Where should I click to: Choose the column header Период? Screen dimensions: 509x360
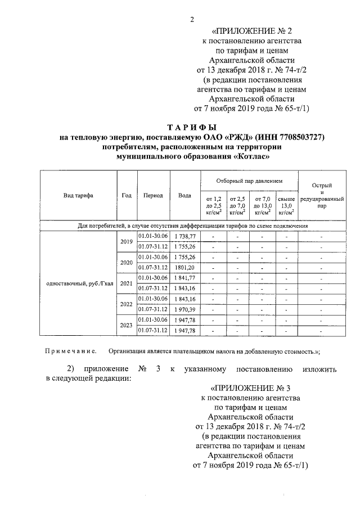coord(153,196)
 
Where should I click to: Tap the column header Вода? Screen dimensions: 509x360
coord(184,196)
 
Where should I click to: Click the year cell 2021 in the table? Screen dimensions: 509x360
coord(125,283)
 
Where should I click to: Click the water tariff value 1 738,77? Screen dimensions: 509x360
coord(184,236)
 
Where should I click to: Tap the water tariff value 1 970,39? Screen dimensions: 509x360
coord(184,309)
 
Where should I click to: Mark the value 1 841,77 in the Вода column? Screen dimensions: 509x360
coord(184,278)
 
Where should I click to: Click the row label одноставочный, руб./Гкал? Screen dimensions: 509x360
coord(78,283)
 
